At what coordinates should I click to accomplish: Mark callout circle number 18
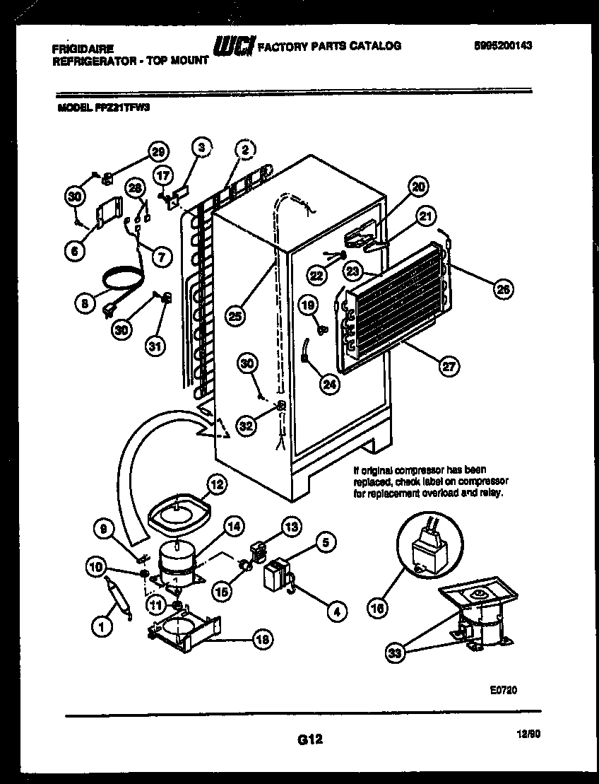pyautogui.click(x=261, y=639)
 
